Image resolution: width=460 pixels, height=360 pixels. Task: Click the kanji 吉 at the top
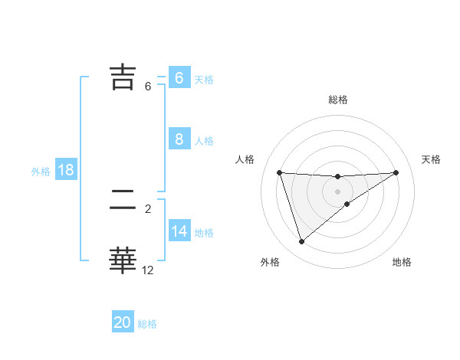(x=123, y=77)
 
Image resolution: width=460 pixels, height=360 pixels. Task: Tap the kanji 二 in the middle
(x=123, y=200)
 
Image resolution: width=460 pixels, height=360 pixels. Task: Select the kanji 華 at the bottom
(x=123, y=260)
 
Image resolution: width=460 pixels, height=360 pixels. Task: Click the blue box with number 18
(x=66, y=170)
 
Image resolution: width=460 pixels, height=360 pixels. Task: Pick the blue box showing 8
(x=179, y=139)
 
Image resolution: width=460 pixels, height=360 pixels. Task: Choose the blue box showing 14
(x=179, y=231)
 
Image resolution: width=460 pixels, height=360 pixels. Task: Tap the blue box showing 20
(x=123, y=322)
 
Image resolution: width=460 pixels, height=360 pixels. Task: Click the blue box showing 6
(x=179, y=77)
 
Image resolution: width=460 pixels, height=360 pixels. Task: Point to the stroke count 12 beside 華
(x=148, y=270)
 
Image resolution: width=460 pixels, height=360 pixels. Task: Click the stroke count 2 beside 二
(x=148, y=208)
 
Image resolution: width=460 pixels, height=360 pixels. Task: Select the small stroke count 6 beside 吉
(x=148, y=87)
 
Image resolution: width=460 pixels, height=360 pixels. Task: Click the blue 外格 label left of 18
(x=41, y=172)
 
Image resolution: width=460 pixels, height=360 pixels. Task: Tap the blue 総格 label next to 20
(x=147, y=324)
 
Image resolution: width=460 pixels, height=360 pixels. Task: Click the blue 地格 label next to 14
(x=204, y=233)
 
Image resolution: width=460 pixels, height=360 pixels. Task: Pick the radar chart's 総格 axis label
(x=338, y=100)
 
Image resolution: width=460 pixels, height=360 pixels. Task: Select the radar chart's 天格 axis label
(x=432, y=159)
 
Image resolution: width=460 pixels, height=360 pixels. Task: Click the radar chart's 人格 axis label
(x=245, y=159)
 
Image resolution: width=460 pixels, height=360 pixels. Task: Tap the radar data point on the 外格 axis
(x=301, y=242)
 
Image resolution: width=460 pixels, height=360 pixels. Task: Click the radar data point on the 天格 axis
(x=396, y=172)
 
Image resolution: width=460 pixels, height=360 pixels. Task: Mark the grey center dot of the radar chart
(x=338, y=191)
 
